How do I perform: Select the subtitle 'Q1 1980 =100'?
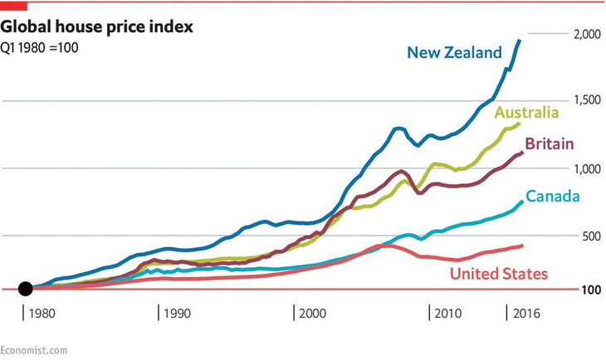click(x=40, y=47)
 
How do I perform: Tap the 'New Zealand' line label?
click(x=454, y=53)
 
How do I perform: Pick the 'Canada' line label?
click(x=553, y=197)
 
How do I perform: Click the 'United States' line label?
click(x=498, y=273)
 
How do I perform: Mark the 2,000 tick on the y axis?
click(x=588, y=35)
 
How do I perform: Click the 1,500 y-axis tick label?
click(x=588, y=101)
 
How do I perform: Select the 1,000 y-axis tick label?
click(x=588, y=168)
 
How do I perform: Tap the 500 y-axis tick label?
click(x=591, y=236)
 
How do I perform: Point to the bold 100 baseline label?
click(x=592, y=289)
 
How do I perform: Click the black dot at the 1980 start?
click(x=26, y=289)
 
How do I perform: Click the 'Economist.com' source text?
click(x=33, y=350)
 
